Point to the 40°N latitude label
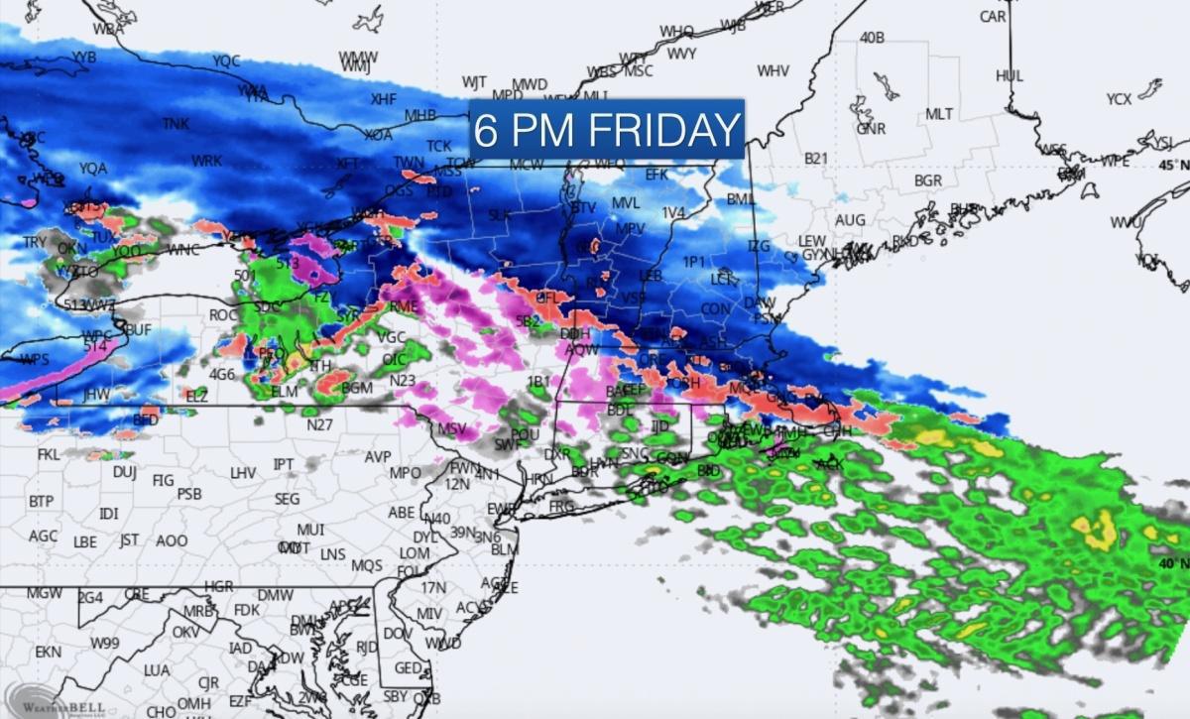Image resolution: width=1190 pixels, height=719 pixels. [1174, 562]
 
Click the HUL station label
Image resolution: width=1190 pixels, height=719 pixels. [1010, 76]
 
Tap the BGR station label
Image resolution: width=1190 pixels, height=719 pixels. [928, 181]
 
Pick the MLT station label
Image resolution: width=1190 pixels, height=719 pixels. [939, 114]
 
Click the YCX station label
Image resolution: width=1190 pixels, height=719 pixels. [1119, 99]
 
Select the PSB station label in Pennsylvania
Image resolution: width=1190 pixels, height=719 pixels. [189, 494]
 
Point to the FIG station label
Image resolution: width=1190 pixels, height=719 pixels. [163, 481]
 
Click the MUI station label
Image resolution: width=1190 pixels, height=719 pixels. [310, 530]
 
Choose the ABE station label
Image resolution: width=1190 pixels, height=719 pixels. [401, 513]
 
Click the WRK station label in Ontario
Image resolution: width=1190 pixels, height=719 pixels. [206, 161]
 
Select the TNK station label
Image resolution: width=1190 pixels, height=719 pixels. [176, 124]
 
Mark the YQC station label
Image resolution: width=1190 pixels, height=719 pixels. [226, 61]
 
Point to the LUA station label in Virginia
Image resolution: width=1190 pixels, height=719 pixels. [157, 670]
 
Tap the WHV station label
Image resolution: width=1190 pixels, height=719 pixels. [773, 71]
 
